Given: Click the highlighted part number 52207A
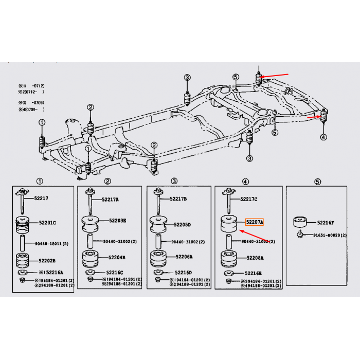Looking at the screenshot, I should click(x=255, y=222).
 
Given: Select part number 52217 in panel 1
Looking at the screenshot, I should click(x=42, y=198).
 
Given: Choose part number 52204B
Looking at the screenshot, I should click(x=117, y=257).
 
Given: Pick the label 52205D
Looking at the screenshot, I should click(x=182, y=224).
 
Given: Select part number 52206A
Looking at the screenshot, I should click(x=184, y=257).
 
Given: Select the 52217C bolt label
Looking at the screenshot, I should click(x=248, y=199).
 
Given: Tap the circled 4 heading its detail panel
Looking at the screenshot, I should click(x=245, y=181).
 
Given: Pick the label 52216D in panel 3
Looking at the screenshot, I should click(x=182, y=272).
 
